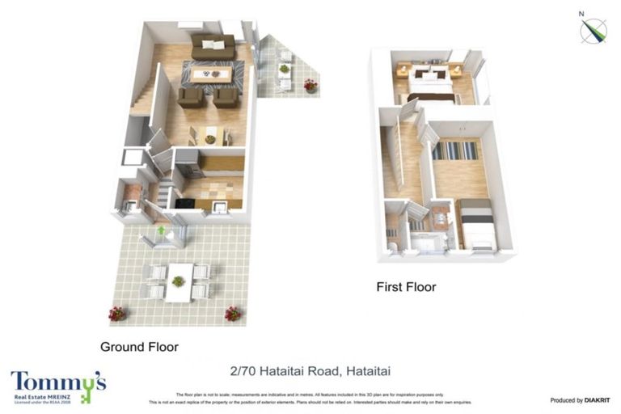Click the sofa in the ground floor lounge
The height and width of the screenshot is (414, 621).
213,46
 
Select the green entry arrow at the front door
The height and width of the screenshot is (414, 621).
161,232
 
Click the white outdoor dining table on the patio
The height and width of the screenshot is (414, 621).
179,281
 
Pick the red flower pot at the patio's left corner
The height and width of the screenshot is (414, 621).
118,313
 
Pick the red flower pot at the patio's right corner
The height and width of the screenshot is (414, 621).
233,313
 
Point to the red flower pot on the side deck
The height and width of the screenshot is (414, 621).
310,85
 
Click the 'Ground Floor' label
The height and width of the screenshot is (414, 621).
139,347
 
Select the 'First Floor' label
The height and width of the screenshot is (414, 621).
406,287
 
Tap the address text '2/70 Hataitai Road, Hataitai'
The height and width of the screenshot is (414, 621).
310,372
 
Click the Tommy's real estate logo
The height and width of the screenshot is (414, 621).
58,386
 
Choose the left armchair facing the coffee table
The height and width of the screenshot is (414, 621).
190,98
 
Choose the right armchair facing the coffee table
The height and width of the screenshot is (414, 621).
226,98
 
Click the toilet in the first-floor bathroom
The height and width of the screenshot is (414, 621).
391,244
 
